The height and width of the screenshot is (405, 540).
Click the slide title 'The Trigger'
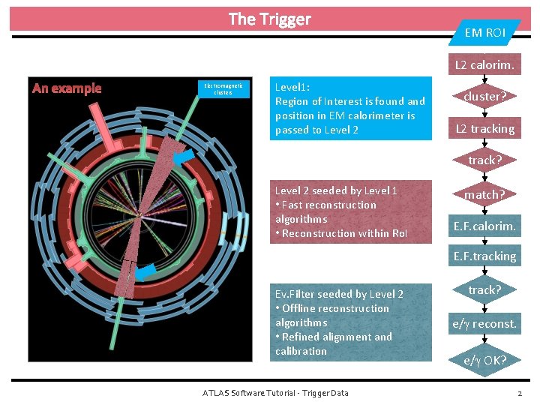coord(269,19)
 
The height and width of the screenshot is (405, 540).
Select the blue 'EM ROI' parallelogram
coord(484,32)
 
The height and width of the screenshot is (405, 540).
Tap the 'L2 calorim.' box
coord(484,64)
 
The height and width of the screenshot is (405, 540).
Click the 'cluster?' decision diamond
coord(484,97)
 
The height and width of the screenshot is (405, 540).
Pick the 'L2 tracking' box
coord(484,129)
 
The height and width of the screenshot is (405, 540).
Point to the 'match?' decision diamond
coord(484,194)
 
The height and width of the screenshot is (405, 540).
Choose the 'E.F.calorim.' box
coord(484,225)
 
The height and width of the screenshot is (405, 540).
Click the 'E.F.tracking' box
coord(484,256)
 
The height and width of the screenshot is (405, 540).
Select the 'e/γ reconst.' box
coord(484,324)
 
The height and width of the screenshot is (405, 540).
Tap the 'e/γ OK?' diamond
coord(484,360)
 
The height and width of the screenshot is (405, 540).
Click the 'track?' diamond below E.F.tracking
coord(484,289)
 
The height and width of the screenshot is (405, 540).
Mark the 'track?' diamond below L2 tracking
coord(484,160)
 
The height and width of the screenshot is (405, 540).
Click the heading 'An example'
coord(67,88)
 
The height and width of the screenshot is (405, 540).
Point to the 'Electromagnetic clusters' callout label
coord(223,89)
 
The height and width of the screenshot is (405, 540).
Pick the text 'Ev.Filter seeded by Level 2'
coord(339,294)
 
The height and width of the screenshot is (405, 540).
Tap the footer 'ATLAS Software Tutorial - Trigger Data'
coord(275,393)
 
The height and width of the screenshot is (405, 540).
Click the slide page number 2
coord(520,393)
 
